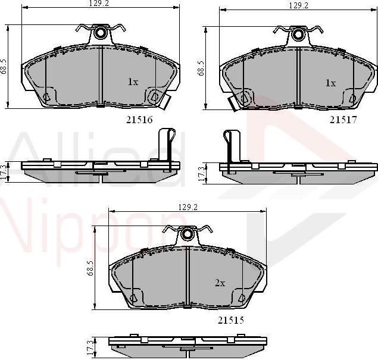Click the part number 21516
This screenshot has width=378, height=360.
click(x=139, y=119)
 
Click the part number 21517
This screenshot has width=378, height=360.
click(x=342, y=119)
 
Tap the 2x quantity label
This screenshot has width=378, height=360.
click(x=220, y=283)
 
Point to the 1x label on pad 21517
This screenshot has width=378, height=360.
click(x=330, y=83)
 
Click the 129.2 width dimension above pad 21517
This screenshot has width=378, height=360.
click(x=298, y=5)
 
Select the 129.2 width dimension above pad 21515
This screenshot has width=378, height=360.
click(x=187, y=206)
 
